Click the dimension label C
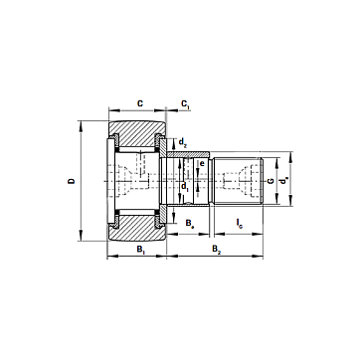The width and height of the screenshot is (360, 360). tap(140, 103)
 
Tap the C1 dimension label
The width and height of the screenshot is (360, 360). tap(185, 104)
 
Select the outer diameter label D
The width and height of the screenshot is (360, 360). tap(72, 181)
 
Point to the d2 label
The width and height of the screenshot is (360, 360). tap(183, 142)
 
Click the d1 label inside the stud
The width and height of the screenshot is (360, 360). tap(185, 187)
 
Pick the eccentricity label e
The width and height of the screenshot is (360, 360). tap(201, 163)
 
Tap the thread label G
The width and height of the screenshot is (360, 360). tap(270, 181)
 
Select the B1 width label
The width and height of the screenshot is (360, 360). tap(141, 250)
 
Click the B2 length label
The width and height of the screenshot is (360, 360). tap(217, 250)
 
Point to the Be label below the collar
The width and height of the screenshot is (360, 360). tap(190, 223)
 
